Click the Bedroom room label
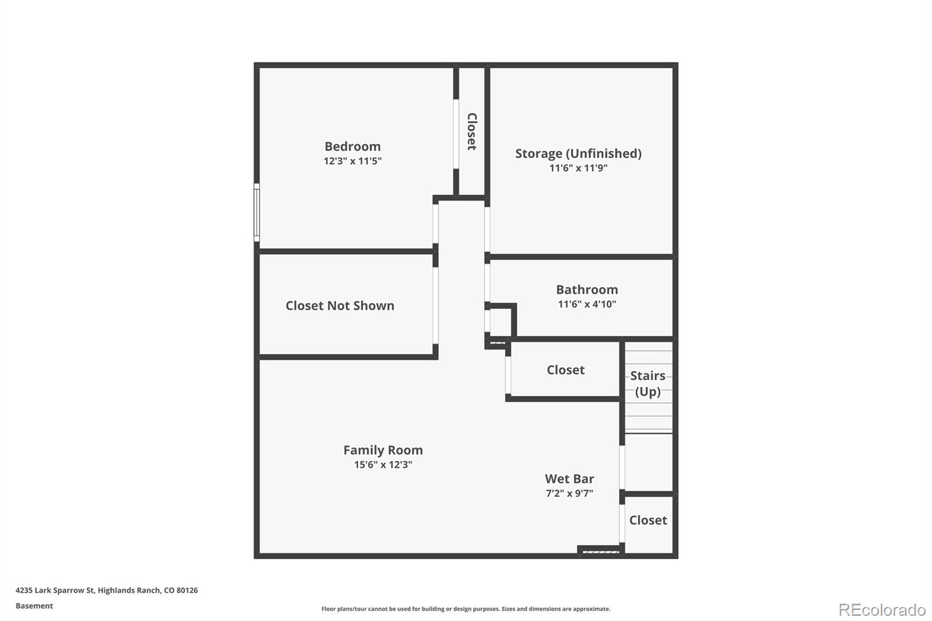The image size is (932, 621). pyautogui.click(x=352, y=146)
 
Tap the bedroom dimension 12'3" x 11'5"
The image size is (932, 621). pyautogui.click(x=352, y=161)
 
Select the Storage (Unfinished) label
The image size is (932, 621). pyautogui.click(x=578, y=153)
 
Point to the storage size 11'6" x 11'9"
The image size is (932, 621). pyautogui.click(x=578, y=168)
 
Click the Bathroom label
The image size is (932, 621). pyautogui.click(x=587, y=290)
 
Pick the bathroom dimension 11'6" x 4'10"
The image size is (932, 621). pyautogui.click(x=587, y=304)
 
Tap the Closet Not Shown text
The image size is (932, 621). pyautogui.click(x=340, y=305)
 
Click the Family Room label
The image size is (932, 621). pyautogui.click(x=383, y=450)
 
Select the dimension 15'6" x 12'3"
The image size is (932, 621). pyautogui.click(x=383, y=464)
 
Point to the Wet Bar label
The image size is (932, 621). pyautogui.click(x=569, y=478)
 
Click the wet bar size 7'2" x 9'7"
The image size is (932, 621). pyautogui.click(x=569, y=493)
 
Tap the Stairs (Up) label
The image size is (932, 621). pyautogui.click(x=647, y=383)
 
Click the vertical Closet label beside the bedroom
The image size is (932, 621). pyautogui.click(x=472, y=132)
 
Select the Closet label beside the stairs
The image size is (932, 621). pyautogui.click(x=565, y=370)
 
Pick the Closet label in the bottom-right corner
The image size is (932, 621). pyautogui.click(x=648, y=520)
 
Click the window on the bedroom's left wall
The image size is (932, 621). pyautogui.click(x=256, y=212)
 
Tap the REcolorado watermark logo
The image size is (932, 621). pyautogui.click(x=882, y=609)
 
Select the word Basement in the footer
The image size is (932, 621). pyautogui.click(x=34, y=606)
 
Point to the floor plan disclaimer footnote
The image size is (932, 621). pyautogui.click(x=466, y=609)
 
